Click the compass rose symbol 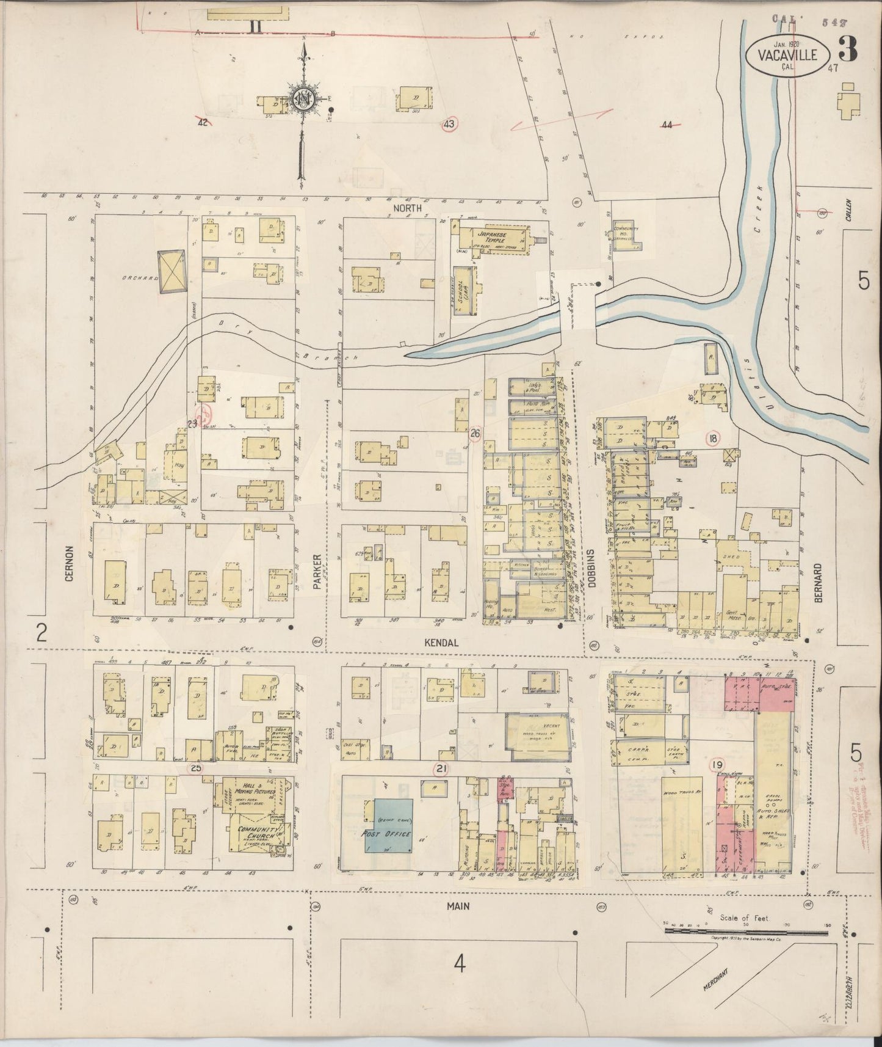point(302,100)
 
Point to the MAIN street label point(458,906)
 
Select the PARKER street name point(317,571)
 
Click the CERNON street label point(69,563)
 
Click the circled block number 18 point(712,437)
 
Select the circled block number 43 point(449,124)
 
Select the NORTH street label point(407,208)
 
